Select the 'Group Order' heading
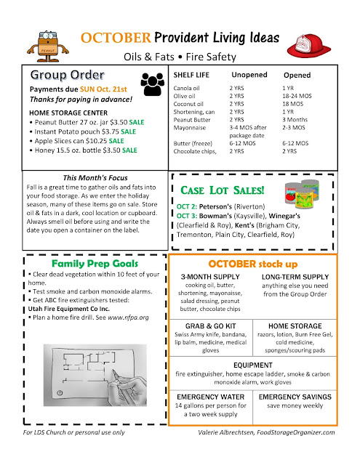point(67,76)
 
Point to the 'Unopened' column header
point(249,75)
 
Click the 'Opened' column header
point(297,75)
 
